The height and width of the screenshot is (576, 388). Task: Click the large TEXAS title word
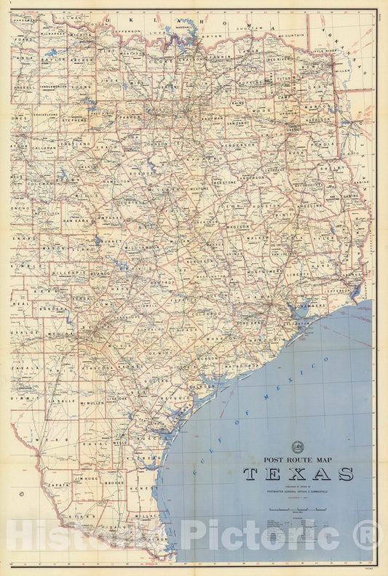tap(298, 475)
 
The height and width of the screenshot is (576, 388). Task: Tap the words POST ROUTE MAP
tap(298, 460)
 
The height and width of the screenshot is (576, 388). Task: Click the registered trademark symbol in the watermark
tap(369, 536)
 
